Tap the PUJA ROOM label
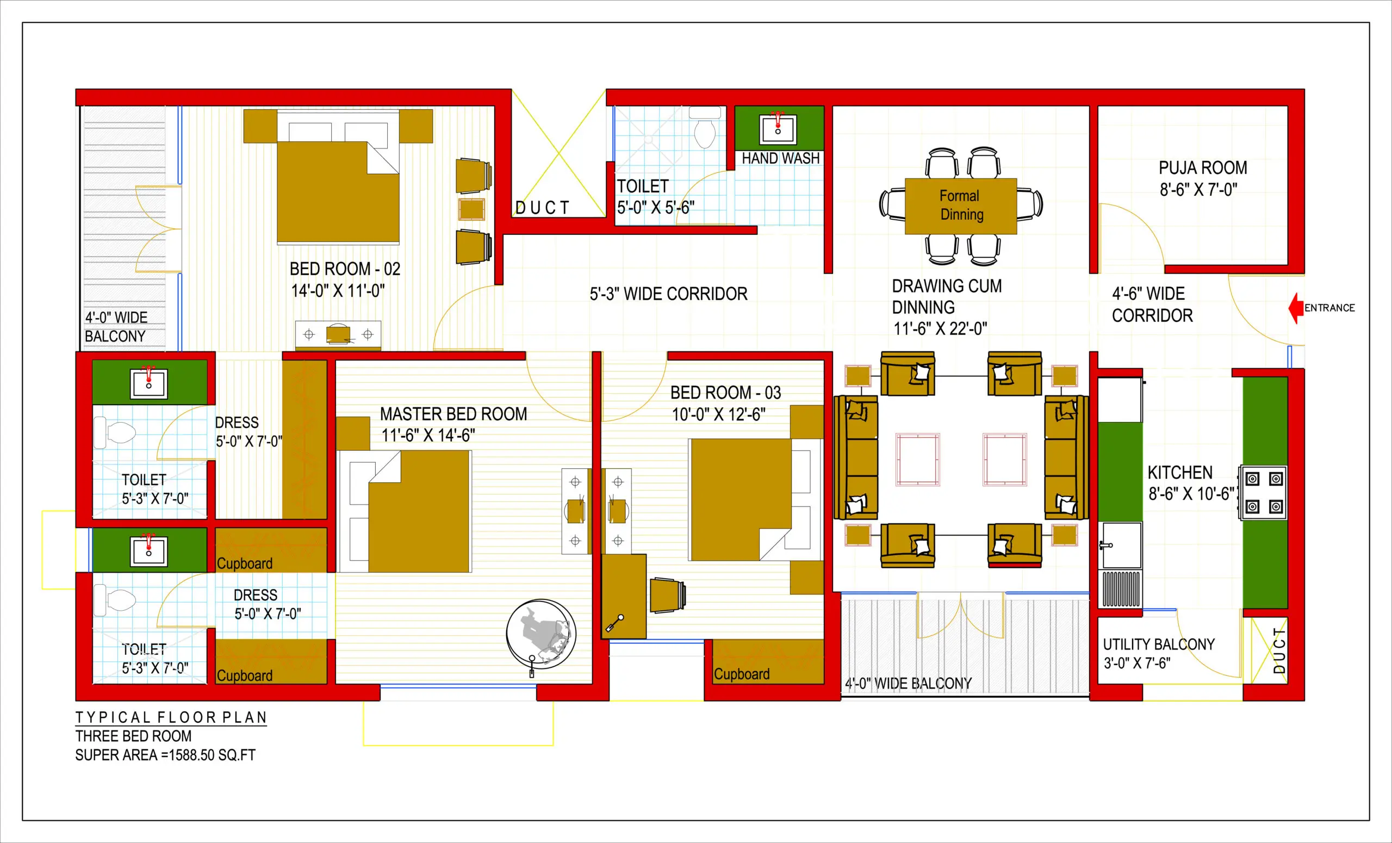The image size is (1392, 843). pyautogui.click(x=1203, y=168)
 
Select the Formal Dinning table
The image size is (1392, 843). pyautogui.click(x=960, y=206)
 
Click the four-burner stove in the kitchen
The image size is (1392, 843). pyautogui.click(x=1264, y=493)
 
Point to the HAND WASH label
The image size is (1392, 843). pyautogui.click(x=780, y=158)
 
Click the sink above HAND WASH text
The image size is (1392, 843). pyautogui.click(x=778, y=129)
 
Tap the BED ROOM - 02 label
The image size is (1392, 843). pyautogui.click(x=345, y=269)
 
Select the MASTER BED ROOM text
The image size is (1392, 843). pyautogui.click(x=453, y=414)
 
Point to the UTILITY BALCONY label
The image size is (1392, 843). pyautogui.click(x=1158, y=644)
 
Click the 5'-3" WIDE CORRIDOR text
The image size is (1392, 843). pyautogui.click(x=668, y=294)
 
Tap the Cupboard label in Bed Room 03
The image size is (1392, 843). pyautogui.click(x=741, y=674)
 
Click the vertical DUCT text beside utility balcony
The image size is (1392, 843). pyautogui.click(x=1279, y=650)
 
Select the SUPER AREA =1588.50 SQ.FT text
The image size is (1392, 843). pyautogui.click(x=165, y=755)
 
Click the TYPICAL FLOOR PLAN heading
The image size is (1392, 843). pyautogui.click(x=171, y=717)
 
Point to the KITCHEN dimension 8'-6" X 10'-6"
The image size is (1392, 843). pyautogui.click(x=1191, y=494)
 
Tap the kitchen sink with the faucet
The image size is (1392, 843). pyautogui.click(x=1120, y=546)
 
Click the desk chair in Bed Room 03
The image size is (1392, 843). pyautogui.click(x=668, y=595)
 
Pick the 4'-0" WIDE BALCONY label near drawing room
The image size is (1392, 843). pyautogui.click(x=908, y=684)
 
